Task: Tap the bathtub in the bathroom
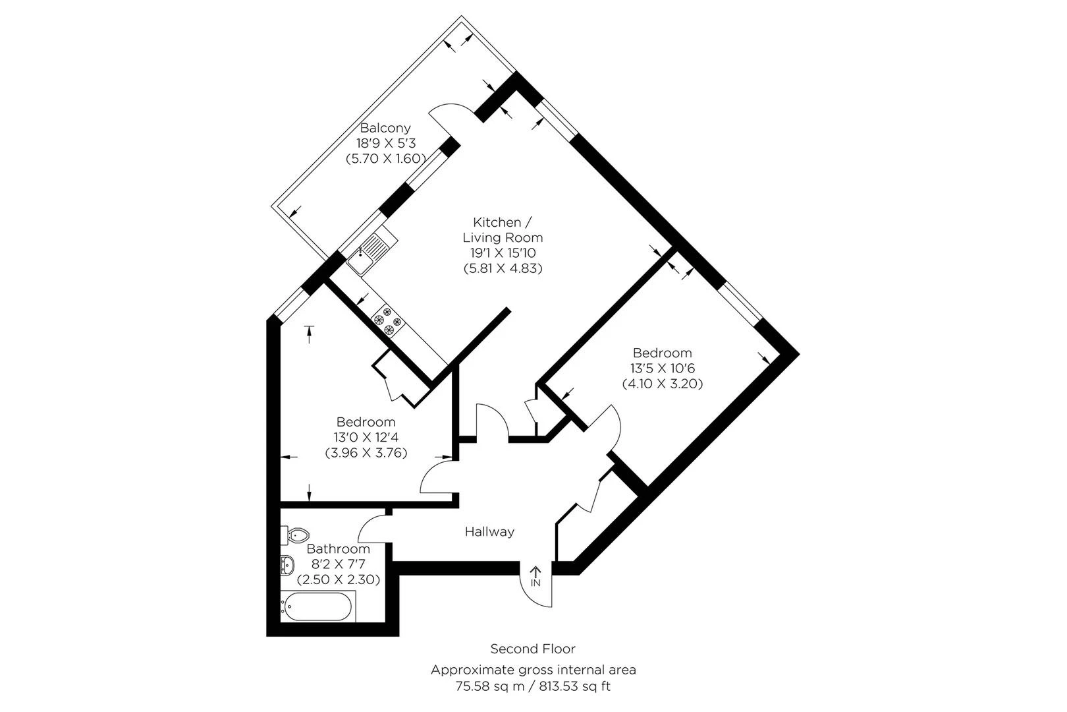pos(318,606)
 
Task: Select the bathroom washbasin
pos(287,566)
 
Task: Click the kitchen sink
pos(368,254)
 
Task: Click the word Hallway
pos(489,531)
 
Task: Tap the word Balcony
pos(385,128)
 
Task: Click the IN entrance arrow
pos(535,577)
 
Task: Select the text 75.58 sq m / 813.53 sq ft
pos(533,686)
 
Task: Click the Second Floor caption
pos(533,649)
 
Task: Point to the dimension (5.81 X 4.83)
pos(503,268)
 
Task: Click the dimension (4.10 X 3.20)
pos(663,384)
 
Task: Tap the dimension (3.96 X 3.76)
pos(366,452)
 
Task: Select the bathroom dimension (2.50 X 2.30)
pos(338,579)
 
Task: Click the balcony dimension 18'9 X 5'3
pos(387,143)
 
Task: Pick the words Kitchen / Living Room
pos(503,230)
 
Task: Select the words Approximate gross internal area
pos(533,670)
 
